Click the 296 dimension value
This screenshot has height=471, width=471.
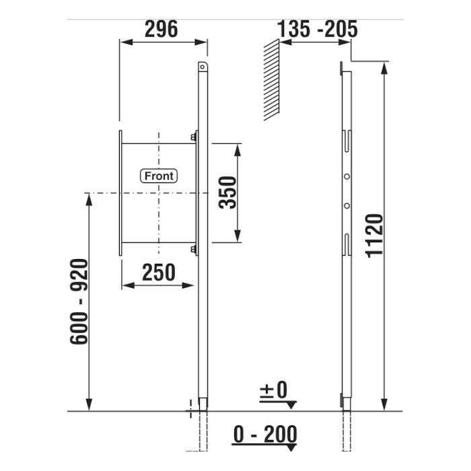click(161, 29)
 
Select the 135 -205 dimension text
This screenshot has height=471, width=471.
click(317, 29)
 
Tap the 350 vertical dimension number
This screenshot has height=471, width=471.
click(227, 192)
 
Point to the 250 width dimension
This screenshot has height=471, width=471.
click(158, 273)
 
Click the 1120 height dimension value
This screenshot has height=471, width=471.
click(375, 235)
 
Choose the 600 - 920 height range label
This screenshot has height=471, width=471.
click(79, 301)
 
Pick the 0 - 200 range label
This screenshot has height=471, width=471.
click(265, 434)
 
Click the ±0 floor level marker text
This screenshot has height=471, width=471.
click(273, 390)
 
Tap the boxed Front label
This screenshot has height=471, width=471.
click(159, 176)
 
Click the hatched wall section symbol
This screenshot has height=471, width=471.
click(272, 80)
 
